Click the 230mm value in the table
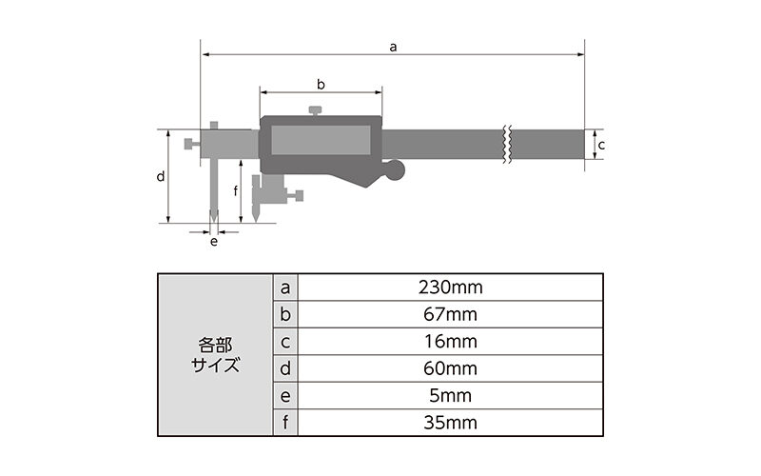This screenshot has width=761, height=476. click(x=450, y=288)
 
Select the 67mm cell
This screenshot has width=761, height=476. click(x=450, y=315)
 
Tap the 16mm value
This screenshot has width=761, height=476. click(x=450, y=342)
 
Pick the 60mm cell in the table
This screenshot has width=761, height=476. click(x=450, y=369)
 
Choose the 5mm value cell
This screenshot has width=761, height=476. click(x=450, y=396)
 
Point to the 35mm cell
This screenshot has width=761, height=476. click(x=450, y=423)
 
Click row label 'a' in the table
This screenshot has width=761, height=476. click(x=285, y=288)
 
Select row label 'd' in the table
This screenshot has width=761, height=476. click(x=285, y=368)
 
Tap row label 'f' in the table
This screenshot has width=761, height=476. click(x=285, y=423)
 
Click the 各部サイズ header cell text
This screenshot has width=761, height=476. click(x=215, y=355)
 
